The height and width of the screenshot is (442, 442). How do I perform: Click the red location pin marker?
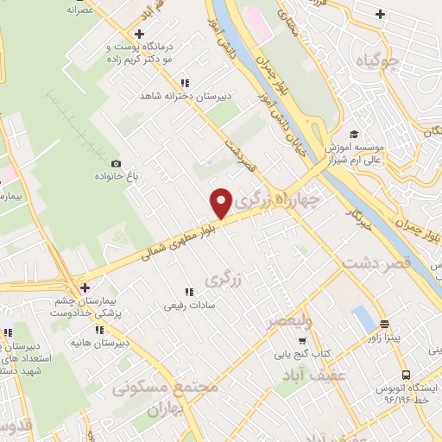point(222,203)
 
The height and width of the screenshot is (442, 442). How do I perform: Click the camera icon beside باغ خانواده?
point(117,163)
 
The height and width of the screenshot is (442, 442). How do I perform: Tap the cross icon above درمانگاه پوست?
point(140,33)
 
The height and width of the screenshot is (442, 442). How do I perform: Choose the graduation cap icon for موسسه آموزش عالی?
point(353,135)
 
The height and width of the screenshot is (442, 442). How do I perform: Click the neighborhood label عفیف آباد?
point(314,376)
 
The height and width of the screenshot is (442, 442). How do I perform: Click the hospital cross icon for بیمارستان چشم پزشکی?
point(84,287)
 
